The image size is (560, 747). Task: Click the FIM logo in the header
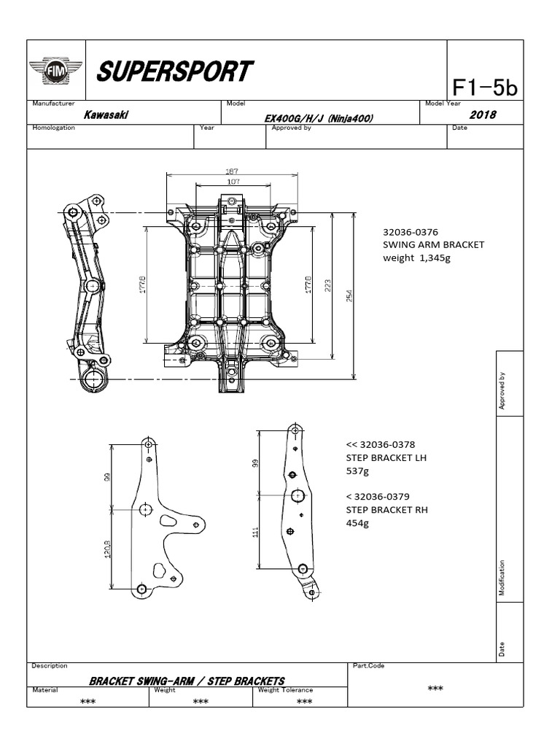55,71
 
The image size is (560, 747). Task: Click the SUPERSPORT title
174,72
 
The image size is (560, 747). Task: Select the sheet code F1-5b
484,88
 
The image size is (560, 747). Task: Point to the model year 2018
482,115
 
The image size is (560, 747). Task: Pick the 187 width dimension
232,171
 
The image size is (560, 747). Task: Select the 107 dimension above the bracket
233,182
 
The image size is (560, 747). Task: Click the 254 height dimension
349,295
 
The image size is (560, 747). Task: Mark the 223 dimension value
329,286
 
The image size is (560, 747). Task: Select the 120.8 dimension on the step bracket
107,548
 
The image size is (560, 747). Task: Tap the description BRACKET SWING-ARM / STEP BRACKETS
187,681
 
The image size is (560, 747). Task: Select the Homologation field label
55,128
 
